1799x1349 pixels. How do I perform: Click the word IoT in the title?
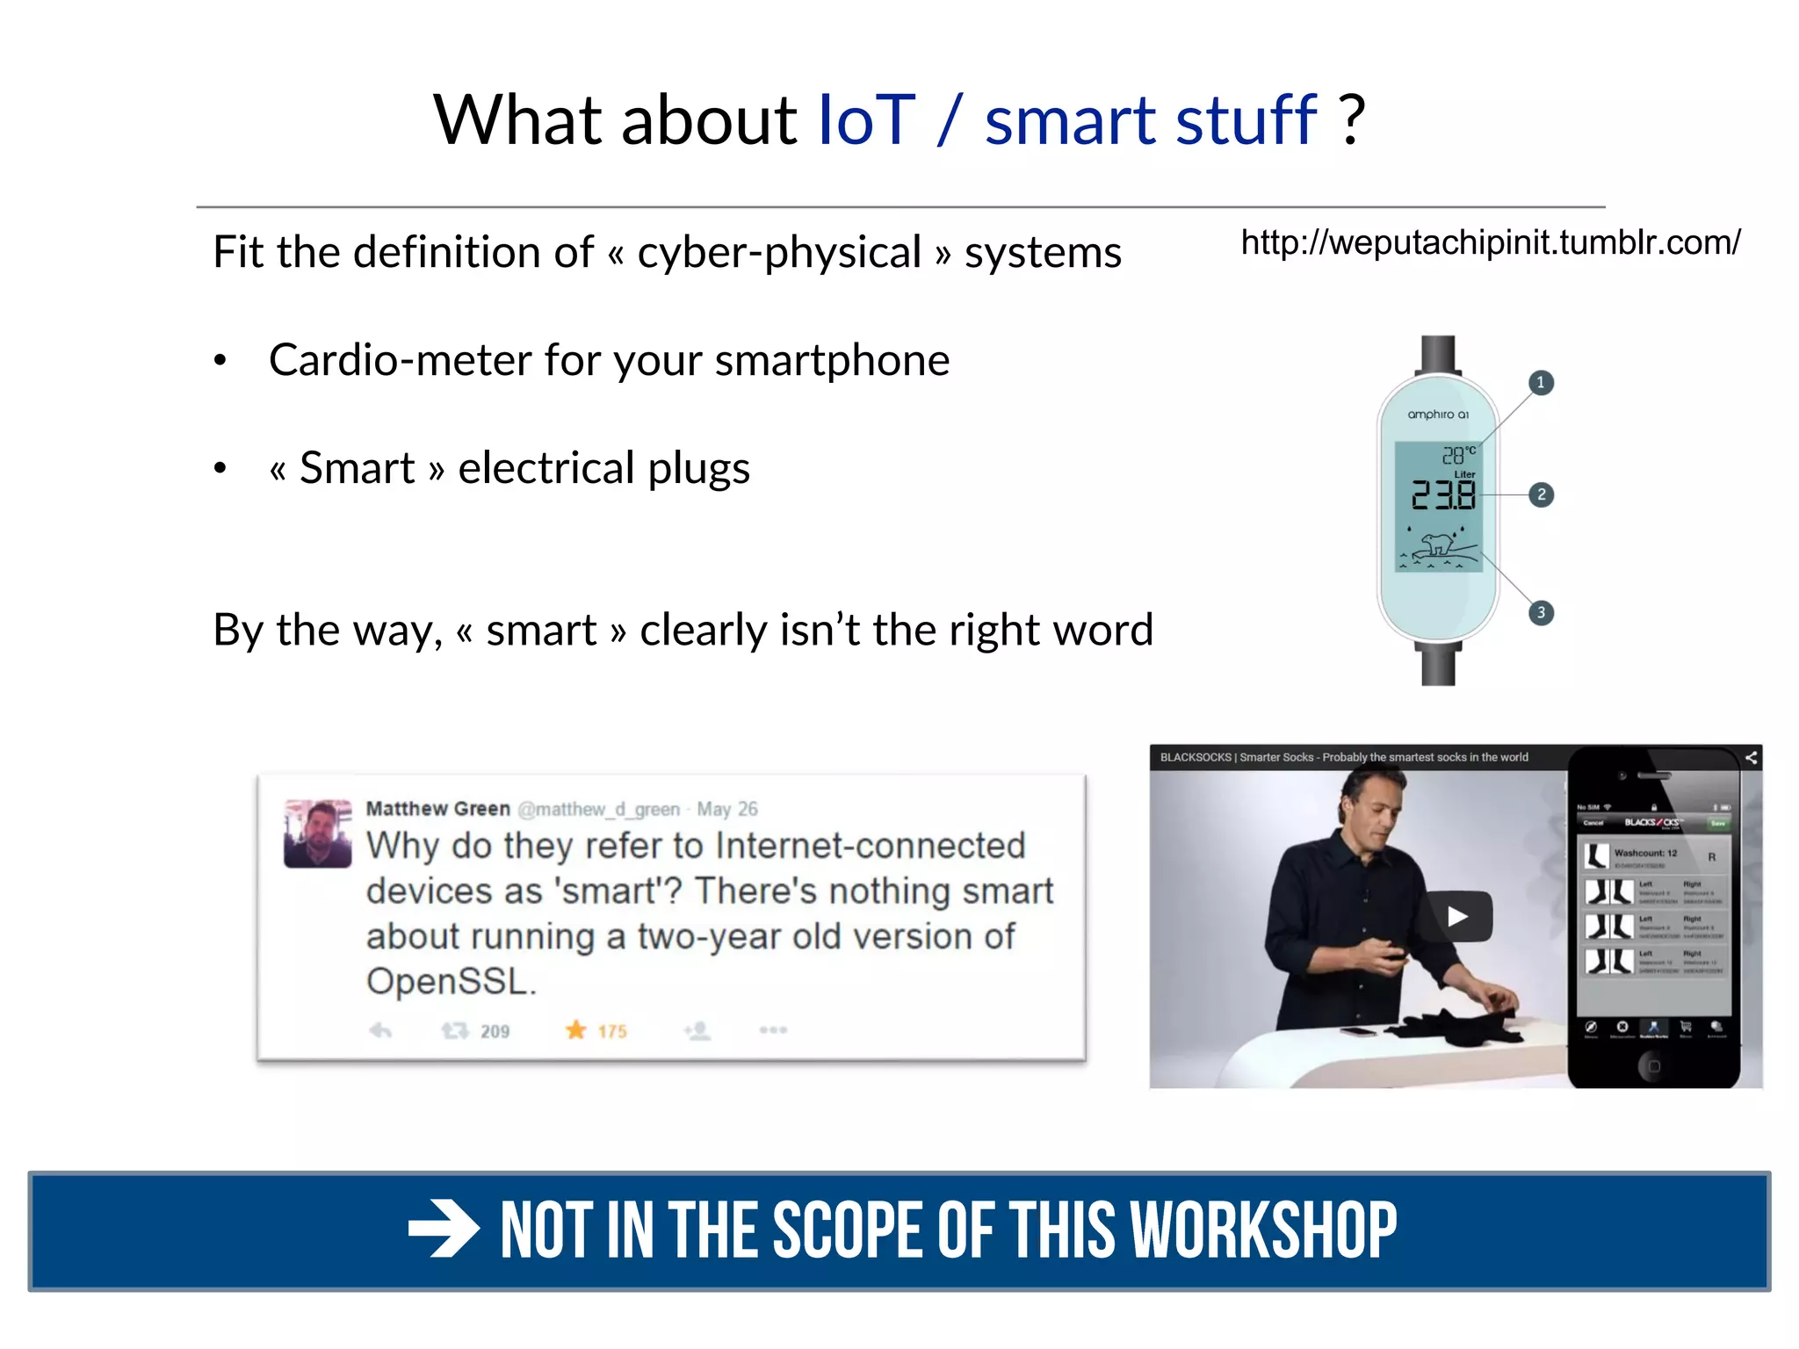866,120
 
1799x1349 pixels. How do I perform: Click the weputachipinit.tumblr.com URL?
1490,242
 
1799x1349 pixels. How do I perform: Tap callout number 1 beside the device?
1541,383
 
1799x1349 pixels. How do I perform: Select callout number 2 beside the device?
1541,494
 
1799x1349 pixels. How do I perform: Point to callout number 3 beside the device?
1541,612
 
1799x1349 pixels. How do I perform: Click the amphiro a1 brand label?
1438,415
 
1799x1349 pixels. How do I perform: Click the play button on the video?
1457,916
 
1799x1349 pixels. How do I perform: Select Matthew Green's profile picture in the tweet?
317,833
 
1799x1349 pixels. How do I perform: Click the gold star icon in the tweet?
575,1029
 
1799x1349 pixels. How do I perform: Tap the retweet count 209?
495,1031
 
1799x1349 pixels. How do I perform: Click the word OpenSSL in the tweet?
451,981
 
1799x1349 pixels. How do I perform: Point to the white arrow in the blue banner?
444,1230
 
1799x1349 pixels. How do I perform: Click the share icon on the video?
1751,757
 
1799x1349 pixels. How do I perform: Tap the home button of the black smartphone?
1653,1065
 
